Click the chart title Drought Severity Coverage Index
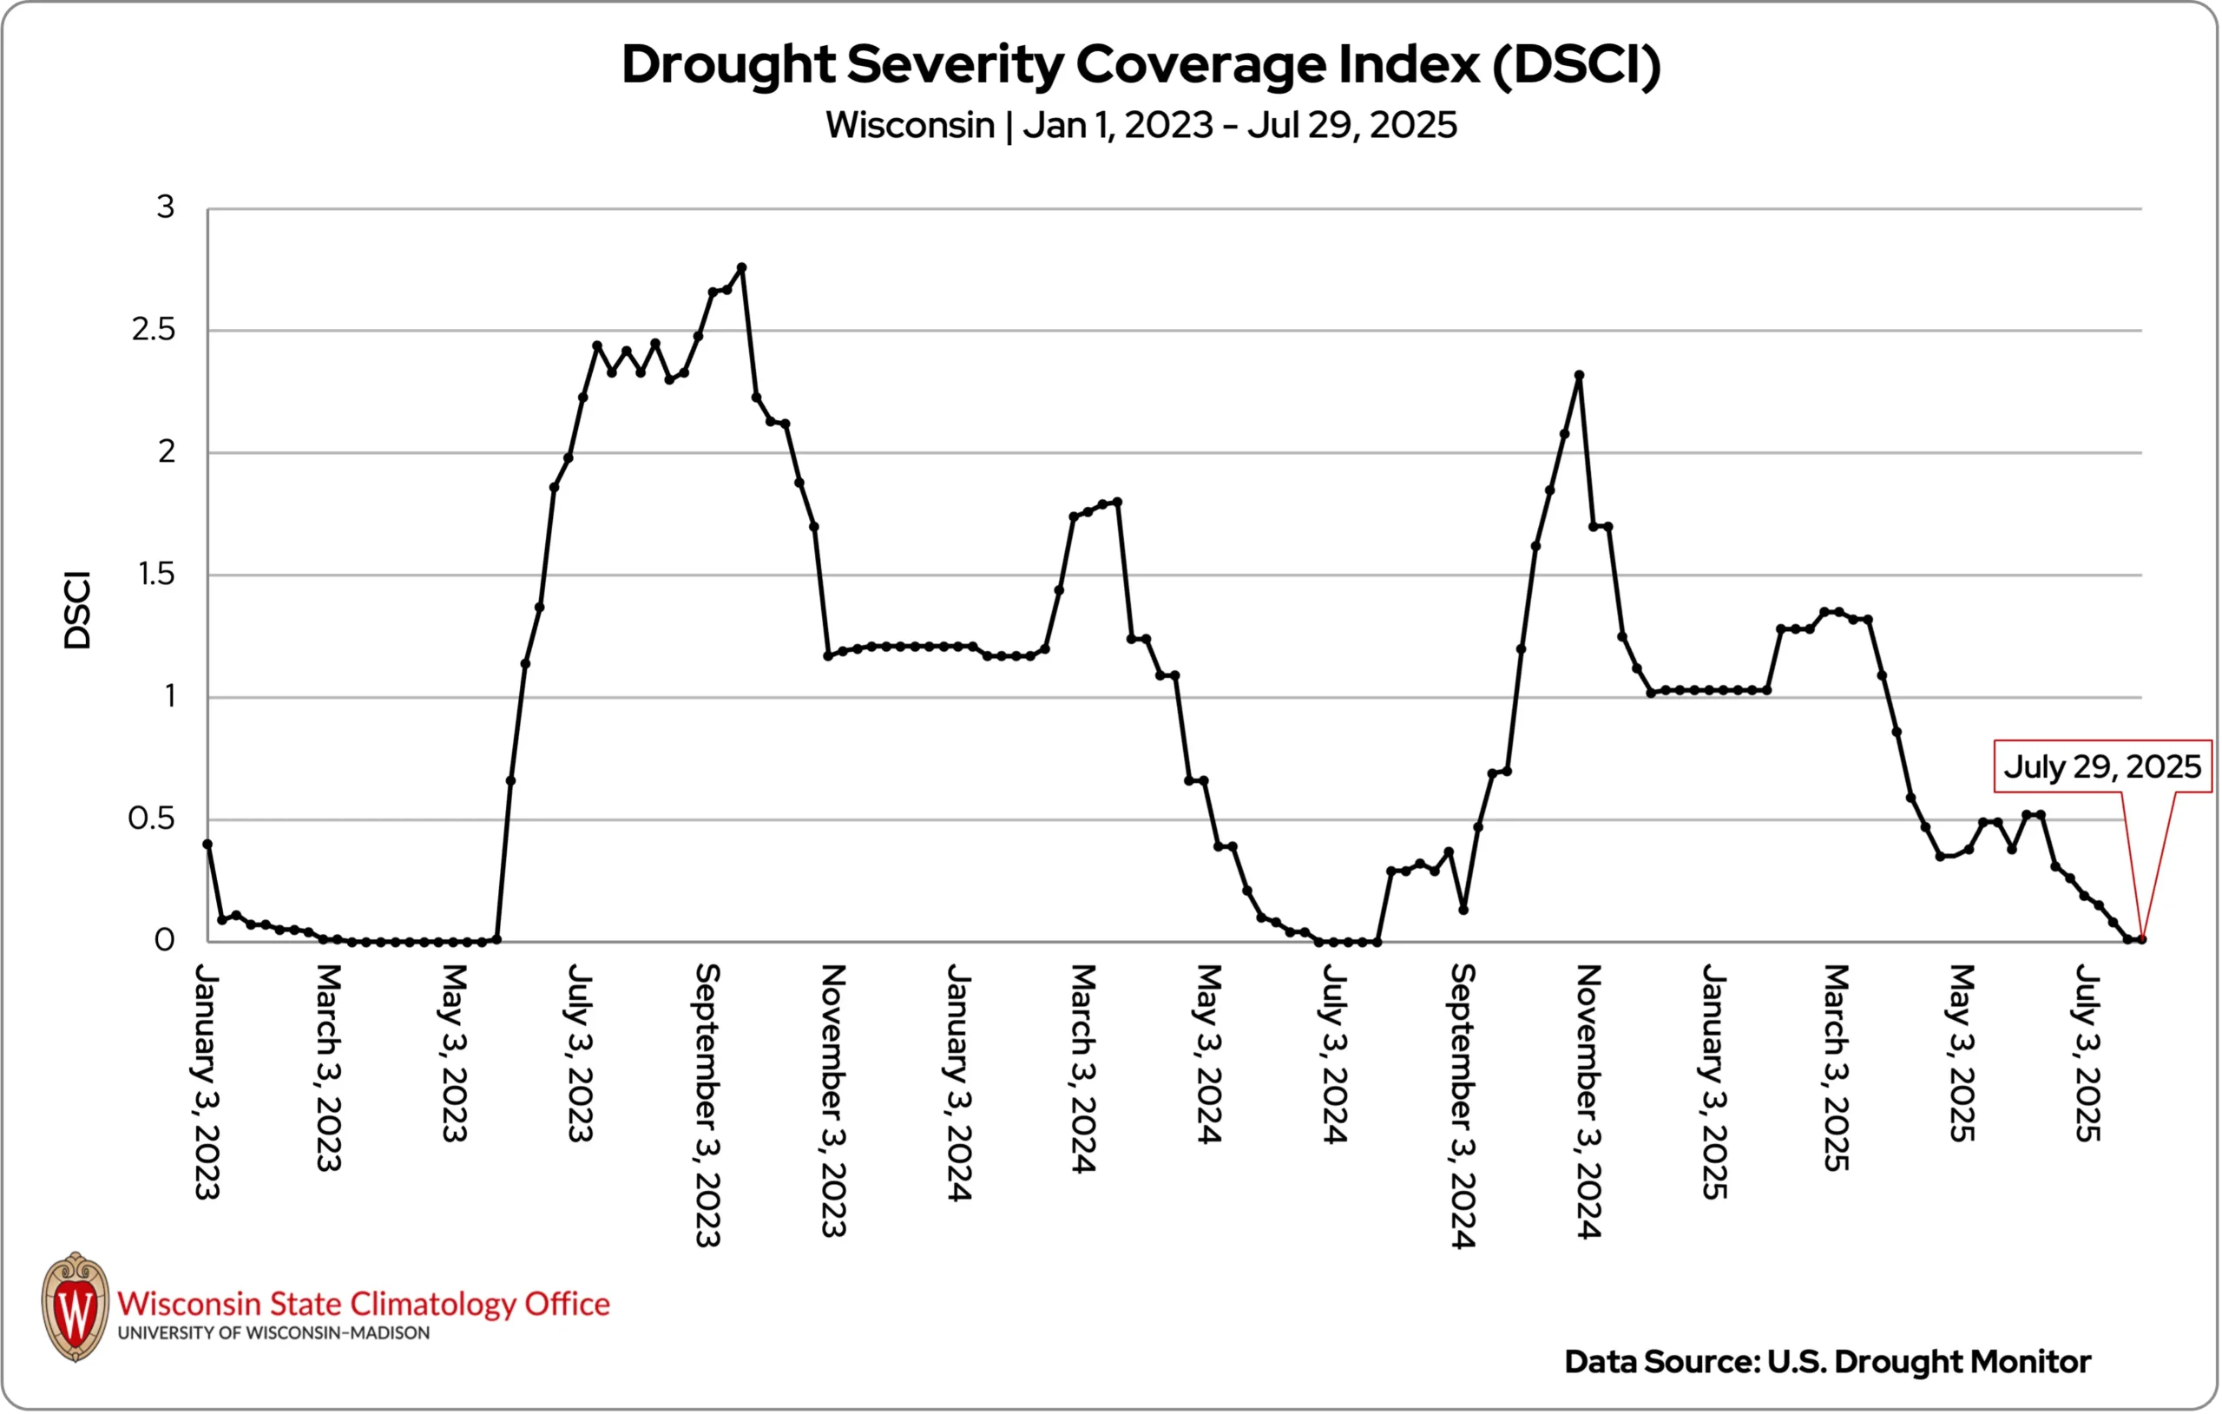click(x=1141, y=64)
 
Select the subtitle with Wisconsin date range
click(x=1141, y=125)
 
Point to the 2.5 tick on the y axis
click(x=153, y=330)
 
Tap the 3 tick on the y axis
click(x=165, y=207)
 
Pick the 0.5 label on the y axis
click(x=151, y=819)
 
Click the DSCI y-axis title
click(x=77, y=611)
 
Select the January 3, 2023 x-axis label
click(x=207, y=1082)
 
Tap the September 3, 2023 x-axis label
click(x=707, y=1105)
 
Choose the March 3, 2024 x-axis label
click(x=1083, y=1068)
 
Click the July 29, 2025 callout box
click(x=2102, y=766)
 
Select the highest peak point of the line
click(x=742, y=267)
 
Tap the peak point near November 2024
click(x=1579, y=376)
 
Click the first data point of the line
click(x=207, y=844)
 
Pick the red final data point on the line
click(x=2142, y=939)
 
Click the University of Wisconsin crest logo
click(x=76, y=1306)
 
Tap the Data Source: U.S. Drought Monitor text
click(x=1827, y=1361)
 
